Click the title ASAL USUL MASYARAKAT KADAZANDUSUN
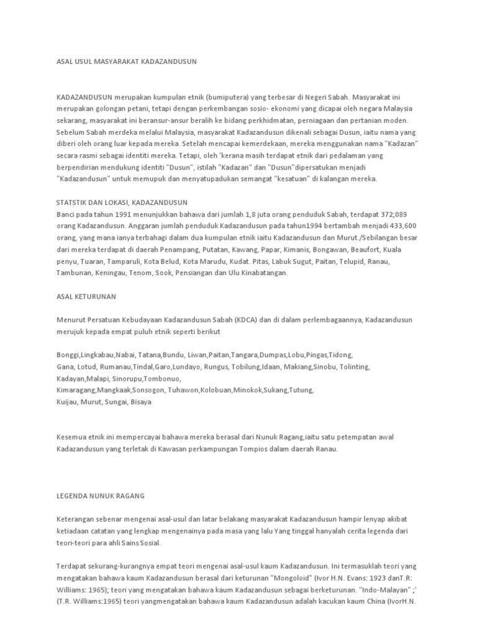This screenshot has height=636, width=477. click(x=126, y=61)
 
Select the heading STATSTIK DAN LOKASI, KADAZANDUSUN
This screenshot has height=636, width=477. click(x=122, y=202)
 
